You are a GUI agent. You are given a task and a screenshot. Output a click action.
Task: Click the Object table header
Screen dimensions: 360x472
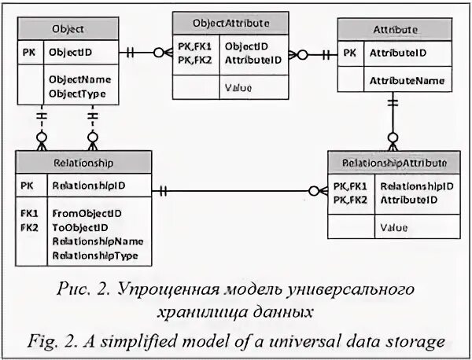pyautogui.click(x=68, y=30)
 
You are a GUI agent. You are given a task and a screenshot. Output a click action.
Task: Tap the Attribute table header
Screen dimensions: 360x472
pyautogui.click(x=395, y=30)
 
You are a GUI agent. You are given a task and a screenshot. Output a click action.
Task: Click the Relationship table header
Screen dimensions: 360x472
pyautogui.click(x=83, y=163)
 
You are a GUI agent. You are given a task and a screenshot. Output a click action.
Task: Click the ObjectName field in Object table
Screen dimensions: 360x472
pyautogui.click(x=79, y=79)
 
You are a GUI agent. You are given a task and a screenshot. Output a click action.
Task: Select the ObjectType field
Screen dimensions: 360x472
pyautogui.click(x=77, y=93)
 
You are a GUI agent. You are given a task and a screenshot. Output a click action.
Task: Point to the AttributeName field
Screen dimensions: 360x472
pyautogui.click(x=407, y=80)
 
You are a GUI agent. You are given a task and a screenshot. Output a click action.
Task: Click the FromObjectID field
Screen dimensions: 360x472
pyautogui.click(x=87, y=213)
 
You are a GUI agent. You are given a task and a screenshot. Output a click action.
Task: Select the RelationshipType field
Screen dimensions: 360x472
pyautogui.click(x=95, y=255)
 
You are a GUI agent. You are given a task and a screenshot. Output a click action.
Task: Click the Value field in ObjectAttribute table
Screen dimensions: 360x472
pyautogui.click(x=238, y=87)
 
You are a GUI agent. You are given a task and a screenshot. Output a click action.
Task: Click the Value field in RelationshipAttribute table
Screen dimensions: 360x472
pyautogui.click(x=394, y=229)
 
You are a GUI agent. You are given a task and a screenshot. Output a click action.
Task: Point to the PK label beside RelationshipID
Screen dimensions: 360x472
pyautogui.click(x=28, y=186)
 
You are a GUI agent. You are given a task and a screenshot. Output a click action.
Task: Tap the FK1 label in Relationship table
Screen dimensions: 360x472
pyautogui.click(x=30, y=213)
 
